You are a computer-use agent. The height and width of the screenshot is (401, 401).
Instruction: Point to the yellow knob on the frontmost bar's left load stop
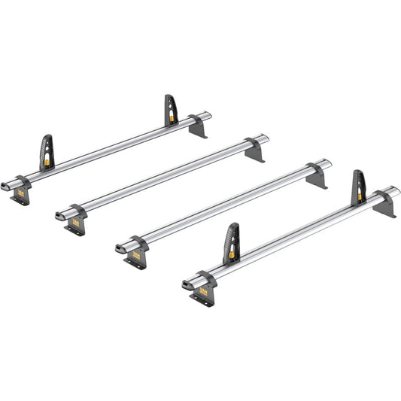coord(231,253)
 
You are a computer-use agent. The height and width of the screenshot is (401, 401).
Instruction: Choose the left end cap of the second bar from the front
coord(120,247)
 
